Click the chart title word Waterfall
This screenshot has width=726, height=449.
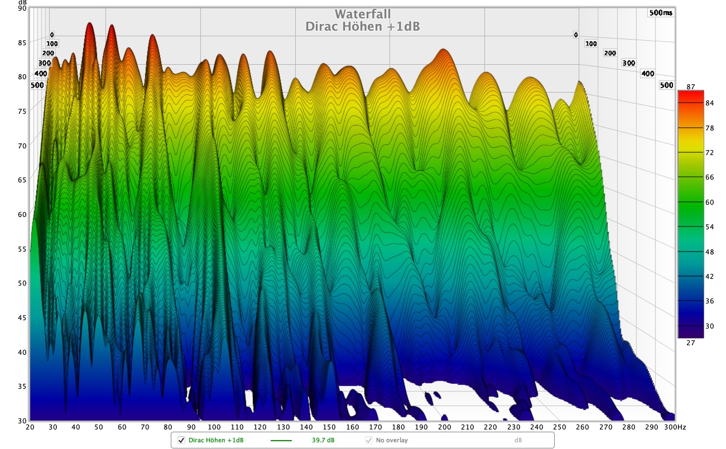pos(363,14)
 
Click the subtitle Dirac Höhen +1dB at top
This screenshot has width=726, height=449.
pos(363,26)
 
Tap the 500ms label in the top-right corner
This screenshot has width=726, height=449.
pos(661,13)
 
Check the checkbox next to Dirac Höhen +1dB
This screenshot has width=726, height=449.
pos(181,440)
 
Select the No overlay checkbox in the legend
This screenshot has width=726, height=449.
pos(369,440)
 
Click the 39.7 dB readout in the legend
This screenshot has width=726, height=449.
pos(323,440)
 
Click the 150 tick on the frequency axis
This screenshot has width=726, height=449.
pos(329,427)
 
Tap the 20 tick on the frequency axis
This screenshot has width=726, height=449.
pos(30,427)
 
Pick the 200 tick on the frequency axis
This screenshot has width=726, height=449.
pos(444,427)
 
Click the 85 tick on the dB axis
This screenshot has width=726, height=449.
pos(22,42)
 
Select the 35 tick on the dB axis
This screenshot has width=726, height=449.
pos(22,387)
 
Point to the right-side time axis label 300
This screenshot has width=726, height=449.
pos(628,63)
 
